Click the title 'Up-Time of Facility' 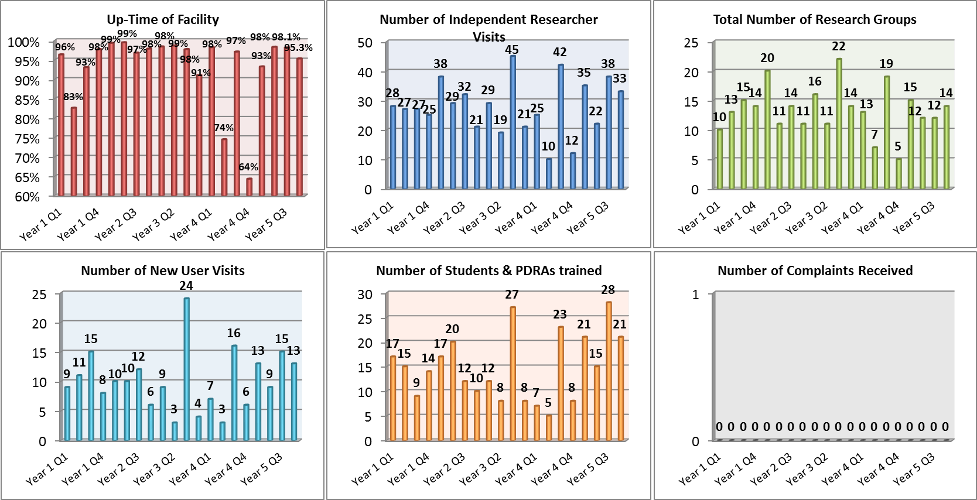163,20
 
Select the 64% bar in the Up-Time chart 250,187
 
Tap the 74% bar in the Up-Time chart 224,167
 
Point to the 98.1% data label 286,37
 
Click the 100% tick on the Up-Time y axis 23,43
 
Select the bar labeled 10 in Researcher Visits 549,173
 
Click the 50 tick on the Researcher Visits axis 365,43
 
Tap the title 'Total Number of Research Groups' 815,20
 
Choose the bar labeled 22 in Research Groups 839,124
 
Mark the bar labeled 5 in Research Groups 899,173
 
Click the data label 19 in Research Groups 886,64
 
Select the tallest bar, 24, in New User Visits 186,369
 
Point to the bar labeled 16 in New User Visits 234,392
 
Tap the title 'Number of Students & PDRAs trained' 488,270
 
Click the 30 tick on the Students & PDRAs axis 365,294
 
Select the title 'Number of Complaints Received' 815,270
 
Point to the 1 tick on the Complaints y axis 696,294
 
